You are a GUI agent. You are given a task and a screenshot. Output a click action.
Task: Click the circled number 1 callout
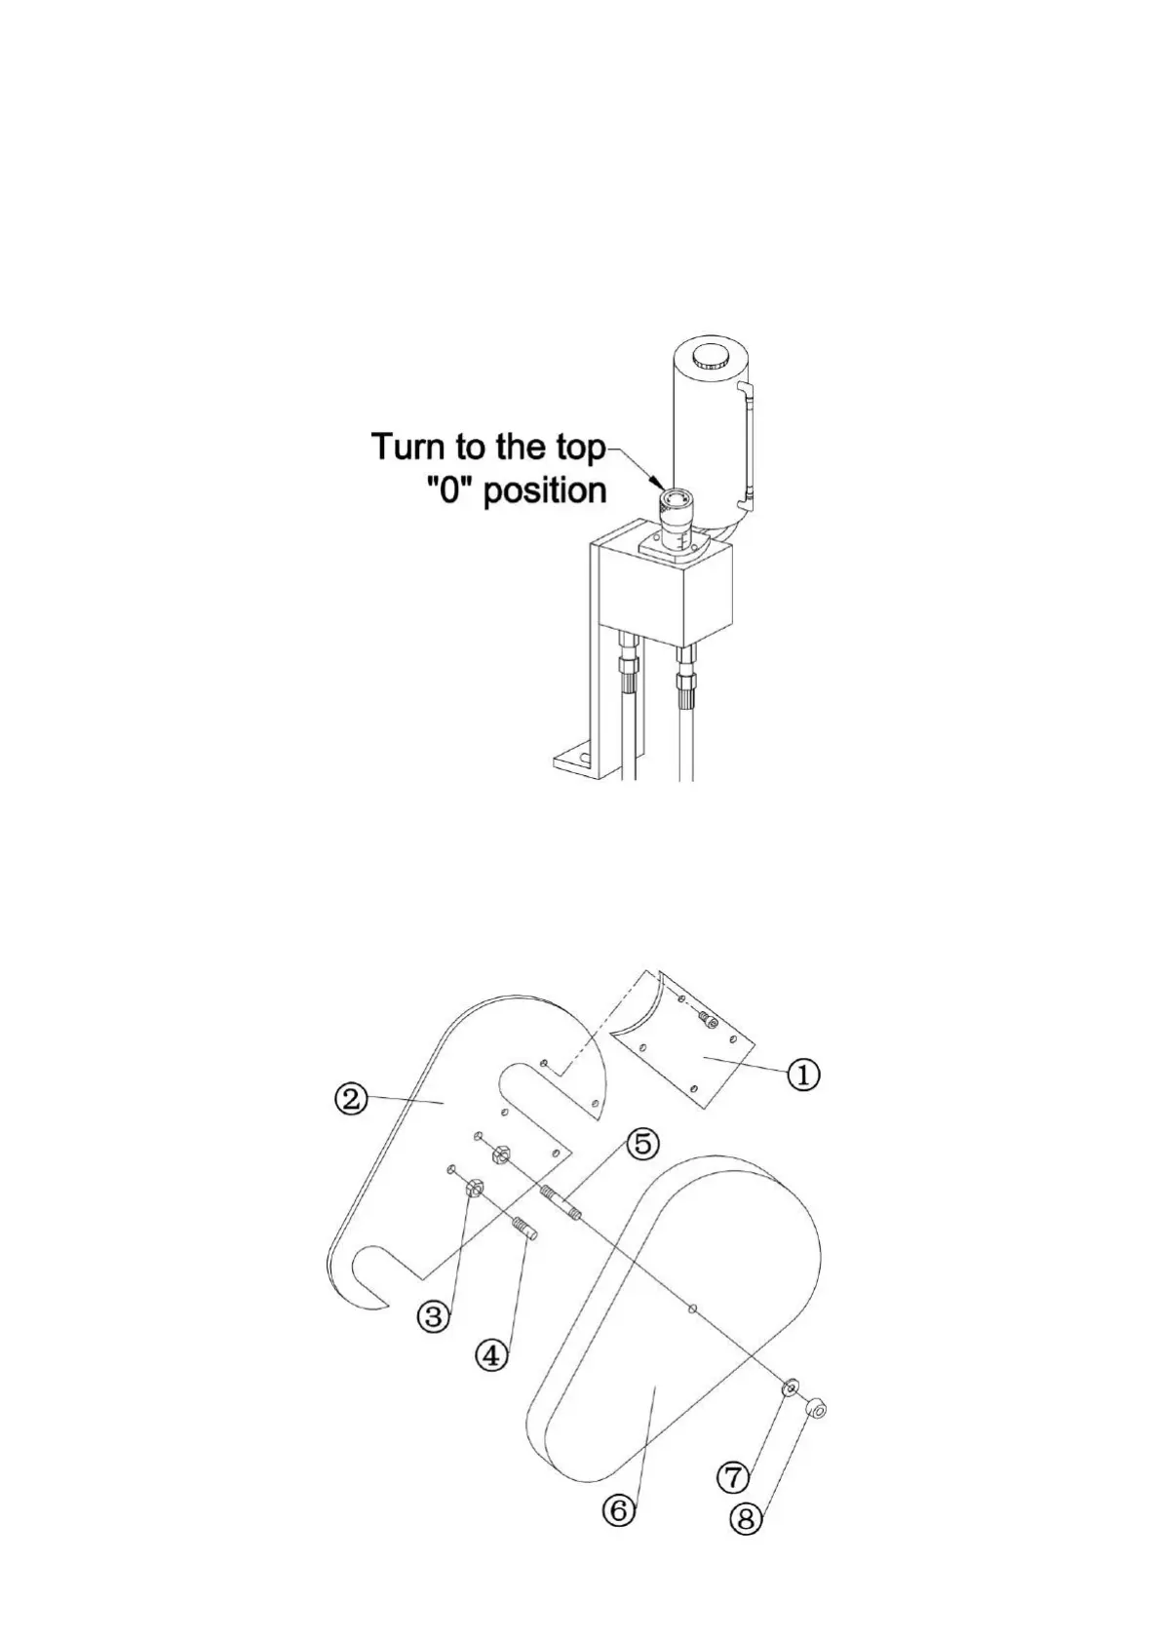(x=804, y=1075)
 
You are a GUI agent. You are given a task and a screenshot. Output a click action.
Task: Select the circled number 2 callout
(x=351, y=1099)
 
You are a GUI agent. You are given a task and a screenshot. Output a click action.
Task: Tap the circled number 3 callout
(x=434, y=1317)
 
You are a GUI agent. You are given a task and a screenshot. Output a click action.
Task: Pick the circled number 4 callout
(x=493, y=1354)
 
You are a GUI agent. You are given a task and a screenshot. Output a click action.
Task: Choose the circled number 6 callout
(x=619, y=1510)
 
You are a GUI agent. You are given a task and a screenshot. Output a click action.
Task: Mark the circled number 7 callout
(x=734, y=1477)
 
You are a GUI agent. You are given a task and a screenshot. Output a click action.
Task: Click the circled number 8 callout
(x=747, y=1519)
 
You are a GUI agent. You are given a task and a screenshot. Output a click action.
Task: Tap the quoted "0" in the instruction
(x=449, y=489)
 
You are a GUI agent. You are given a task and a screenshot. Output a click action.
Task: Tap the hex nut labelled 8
(x=817, y=1408)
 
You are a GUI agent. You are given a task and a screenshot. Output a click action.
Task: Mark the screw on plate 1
(x=710, y=1021)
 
